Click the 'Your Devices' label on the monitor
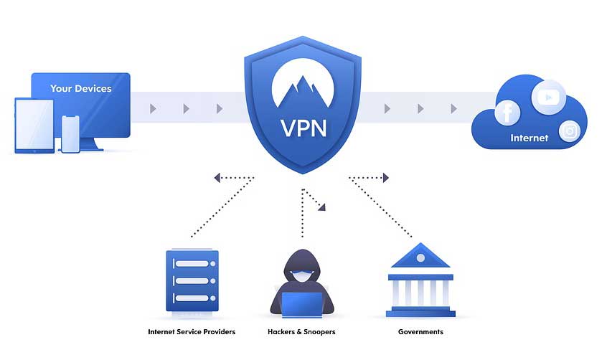(x=80, y=89)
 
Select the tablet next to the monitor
(x=34, y=125)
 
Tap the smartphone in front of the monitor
(x=70, y=133)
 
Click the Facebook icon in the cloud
(x=507, y=113)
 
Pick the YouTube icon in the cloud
(x=548, y=96)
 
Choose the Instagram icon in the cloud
(x=570, y=131)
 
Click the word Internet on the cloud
(x=529, y=138)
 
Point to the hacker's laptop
(x=302, y=304)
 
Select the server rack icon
(x=192, y=280)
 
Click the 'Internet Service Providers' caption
(x=192, y=332)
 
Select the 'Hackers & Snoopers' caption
(x=301, y=332)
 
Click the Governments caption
(x=420, y=332)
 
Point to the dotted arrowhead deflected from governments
(x=385, y=177)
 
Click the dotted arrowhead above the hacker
(x=322, y=207)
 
